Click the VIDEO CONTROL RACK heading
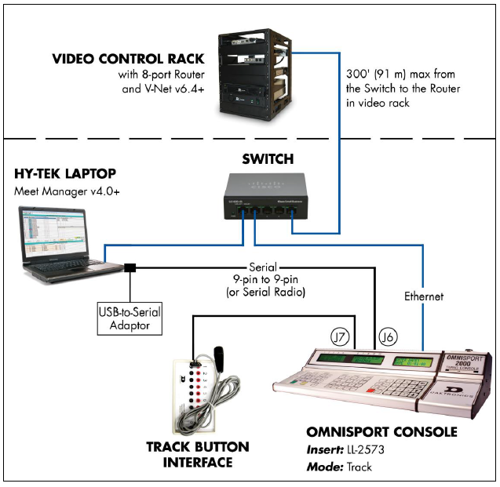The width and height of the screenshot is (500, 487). point(130,60)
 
